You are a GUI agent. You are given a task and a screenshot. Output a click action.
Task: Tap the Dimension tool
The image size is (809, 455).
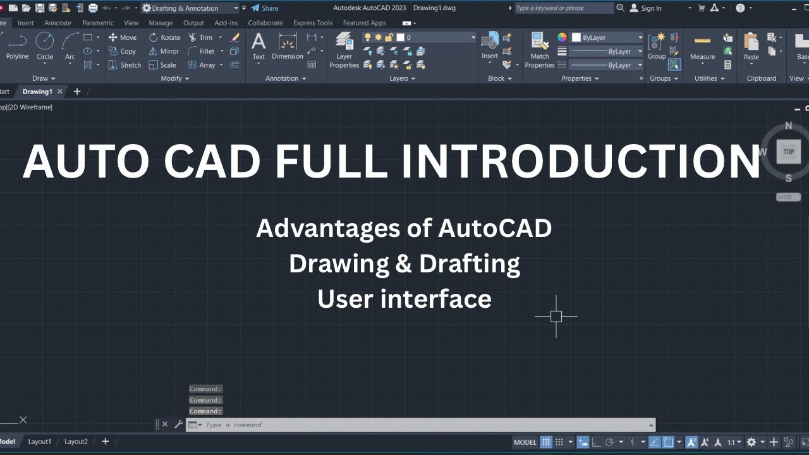pyautogui.click(x=288, y=47)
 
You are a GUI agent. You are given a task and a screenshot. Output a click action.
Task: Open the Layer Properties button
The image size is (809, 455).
pyautogui.click(x=344, y=50)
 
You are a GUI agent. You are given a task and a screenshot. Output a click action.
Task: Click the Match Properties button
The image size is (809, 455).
pyautogui.click(x=540, y=50)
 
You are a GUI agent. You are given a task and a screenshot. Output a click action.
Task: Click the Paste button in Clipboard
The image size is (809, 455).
pyautogui.click(x=751, y=47)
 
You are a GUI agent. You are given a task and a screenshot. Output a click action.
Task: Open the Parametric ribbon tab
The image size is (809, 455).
pyautogui.click(x=97, y=23)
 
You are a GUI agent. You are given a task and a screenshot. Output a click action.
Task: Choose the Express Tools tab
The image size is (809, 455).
pyautogui.click(x=313, y=23)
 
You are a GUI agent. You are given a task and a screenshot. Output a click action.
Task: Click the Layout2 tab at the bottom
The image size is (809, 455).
pyautogui.click(x=76, y=442)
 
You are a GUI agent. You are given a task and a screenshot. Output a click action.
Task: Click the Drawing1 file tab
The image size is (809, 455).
pyautogui.click(x=37, y=92)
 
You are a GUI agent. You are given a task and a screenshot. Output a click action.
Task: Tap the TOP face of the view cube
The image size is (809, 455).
pyautogui.click(x=788, y=152)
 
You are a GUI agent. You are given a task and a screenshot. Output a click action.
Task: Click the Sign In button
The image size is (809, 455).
pyautogui.click(x=645, y=8)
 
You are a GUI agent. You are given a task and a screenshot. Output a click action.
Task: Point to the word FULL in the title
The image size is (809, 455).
pyautogui.click(x=330, y=162)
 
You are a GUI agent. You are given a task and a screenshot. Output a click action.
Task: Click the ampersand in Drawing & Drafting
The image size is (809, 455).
pyautogui.click(x=403, y=264)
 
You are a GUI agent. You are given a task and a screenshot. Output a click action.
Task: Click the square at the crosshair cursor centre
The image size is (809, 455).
pyautogui.click(x=556, y=316)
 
